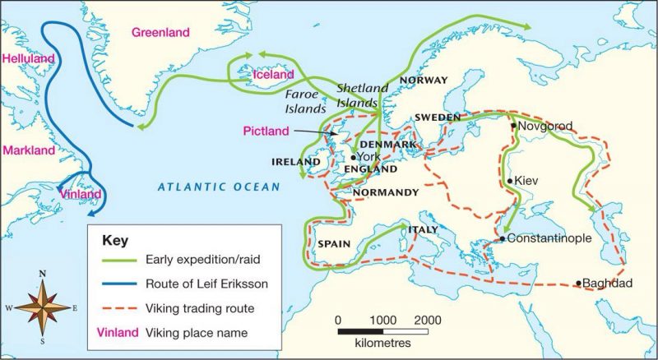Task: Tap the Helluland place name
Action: point(27,59)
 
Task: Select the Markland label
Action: point(28,150)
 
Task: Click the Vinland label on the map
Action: point(81,195)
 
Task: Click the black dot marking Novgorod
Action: point(513,126)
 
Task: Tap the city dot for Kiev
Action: point(511,181)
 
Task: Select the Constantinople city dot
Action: point(503,239)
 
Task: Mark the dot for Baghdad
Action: point(579,284)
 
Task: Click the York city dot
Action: point(353,157)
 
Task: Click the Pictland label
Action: point(266,131)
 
